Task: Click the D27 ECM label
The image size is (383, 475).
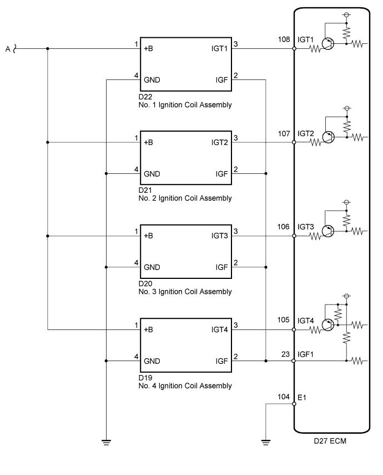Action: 330,441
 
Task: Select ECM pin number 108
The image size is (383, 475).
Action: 284,39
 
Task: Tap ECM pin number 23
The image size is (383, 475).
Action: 285,354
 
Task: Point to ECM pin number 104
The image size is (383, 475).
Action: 284,397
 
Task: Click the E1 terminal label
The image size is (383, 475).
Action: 302,397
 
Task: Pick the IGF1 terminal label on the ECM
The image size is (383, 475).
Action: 305,354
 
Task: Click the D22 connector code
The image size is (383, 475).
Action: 145,97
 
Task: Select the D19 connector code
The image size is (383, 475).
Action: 145,378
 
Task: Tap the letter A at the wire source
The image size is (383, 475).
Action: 8,49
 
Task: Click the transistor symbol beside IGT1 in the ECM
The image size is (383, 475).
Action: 328,44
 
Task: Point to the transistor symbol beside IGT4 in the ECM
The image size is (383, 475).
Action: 328,325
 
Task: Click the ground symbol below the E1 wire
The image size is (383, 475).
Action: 265,443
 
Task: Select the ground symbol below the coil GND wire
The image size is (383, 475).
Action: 106,443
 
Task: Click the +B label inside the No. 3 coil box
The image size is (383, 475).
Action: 148,236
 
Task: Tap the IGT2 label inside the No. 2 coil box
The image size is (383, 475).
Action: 219,142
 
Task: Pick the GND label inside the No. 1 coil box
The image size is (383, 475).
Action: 152,80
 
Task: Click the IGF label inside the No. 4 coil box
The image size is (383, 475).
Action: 221,361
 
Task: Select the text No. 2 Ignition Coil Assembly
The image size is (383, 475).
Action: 185,198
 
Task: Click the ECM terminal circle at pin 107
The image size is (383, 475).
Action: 294,142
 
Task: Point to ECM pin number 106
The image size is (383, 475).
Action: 284,227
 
